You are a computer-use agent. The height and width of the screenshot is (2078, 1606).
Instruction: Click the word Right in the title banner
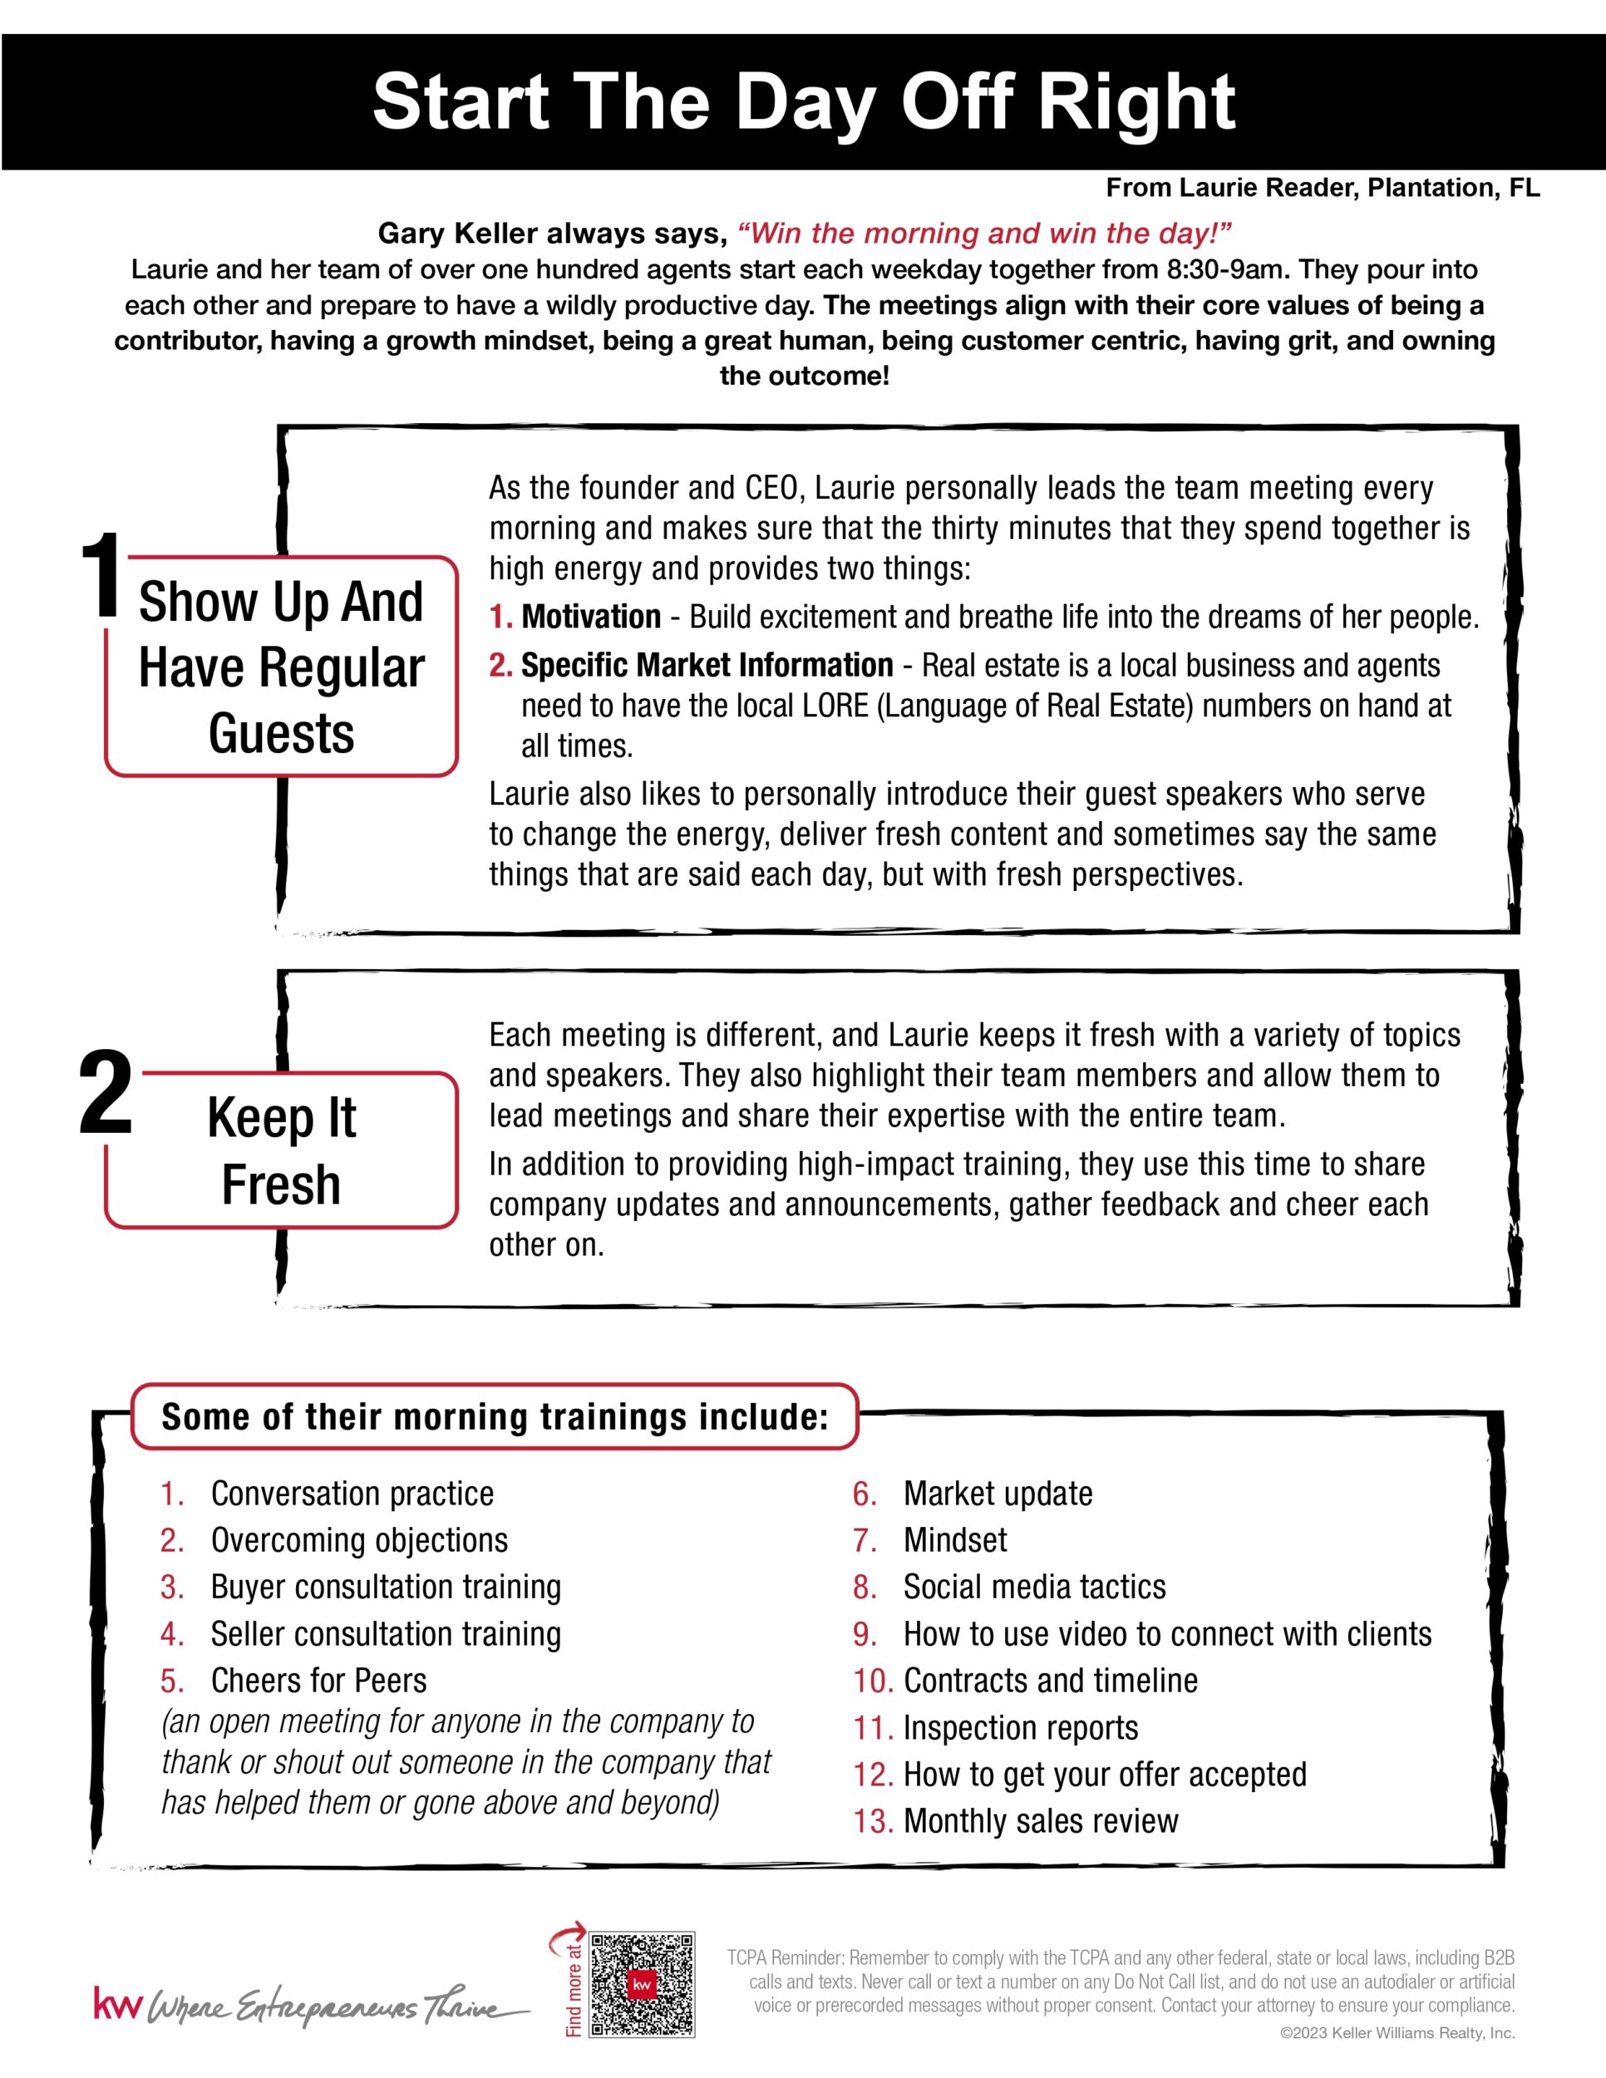coord(1137,103)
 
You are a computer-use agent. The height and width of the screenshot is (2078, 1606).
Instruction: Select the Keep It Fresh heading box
coord(282,1150)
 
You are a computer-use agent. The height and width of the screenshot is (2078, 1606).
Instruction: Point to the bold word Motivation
coord(591,618)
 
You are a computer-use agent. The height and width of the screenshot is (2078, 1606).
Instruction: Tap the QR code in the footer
coord(643,1985)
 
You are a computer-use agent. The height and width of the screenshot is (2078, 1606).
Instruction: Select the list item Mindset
coord(954,1540)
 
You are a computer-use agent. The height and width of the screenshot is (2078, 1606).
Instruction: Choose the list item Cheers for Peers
coord(318,1682)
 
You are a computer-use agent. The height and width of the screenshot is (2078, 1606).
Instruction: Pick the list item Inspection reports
coord(1020,1728)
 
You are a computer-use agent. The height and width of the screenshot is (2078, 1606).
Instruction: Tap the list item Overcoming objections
coord(358,1540)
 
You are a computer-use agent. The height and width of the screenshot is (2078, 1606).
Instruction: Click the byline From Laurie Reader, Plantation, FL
coord(1323,189)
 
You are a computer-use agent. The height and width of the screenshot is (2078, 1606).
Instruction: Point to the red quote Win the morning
coord(985,233)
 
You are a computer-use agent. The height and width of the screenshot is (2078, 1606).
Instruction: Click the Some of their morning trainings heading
coord(495,1416)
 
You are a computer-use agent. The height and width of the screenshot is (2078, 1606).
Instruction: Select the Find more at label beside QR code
coord(574,1988)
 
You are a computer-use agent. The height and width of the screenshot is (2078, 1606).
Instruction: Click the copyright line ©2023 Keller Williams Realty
coord(1397,2033)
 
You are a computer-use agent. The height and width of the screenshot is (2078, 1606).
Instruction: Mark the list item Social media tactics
coord(1034,1587)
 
